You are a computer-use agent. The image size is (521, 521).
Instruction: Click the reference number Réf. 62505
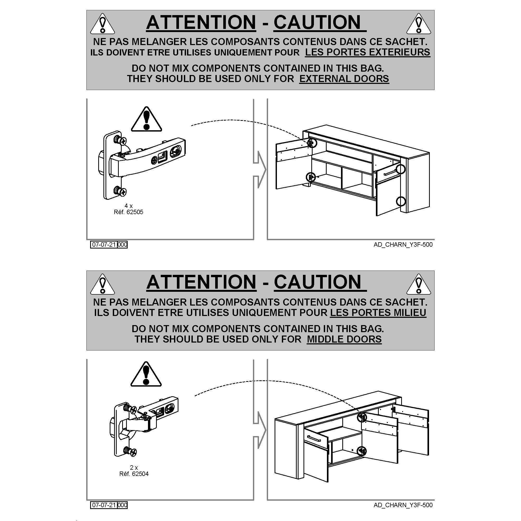(128, 212)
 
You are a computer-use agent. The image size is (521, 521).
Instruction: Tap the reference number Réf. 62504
(134, 474)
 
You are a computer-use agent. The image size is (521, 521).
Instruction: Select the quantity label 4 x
(128, 206)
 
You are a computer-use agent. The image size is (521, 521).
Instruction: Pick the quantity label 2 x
(134, 468)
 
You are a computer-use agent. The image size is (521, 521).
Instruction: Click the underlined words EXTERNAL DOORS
(344, 79)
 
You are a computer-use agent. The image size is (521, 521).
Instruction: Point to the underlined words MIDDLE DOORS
(344, 339)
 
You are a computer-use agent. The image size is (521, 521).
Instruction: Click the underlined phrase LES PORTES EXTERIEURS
(368, 52)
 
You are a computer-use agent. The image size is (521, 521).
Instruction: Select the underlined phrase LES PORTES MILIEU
(378, 313)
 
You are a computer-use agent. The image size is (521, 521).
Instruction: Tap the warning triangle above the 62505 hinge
(146, 119)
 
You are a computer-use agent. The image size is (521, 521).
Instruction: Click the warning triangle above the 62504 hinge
(146, 374)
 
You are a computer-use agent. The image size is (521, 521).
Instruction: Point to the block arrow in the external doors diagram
(260, 170)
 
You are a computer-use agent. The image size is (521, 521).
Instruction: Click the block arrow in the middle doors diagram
(260, 430)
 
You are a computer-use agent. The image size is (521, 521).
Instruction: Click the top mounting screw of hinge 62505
(120, 140)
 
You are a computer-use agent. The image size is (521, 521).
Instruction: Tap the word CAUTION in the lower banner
(317, 282)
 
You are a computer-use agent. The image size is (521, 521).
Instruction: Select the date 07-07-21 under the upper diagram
(104, 245)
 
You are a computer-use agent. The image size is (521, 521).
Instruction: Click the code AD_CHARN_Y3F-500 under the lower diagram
(403, 505)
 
